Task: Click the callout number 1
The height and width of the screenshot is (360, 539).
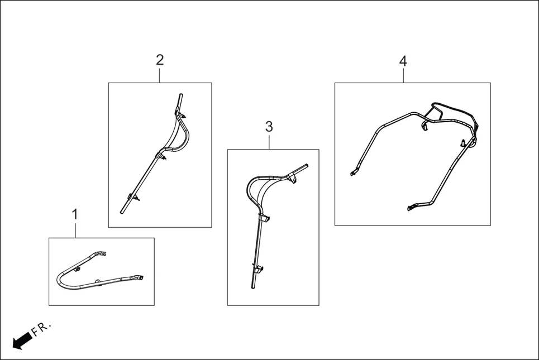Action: (75, 215)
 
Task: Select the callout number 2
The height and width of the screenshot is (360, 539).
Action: (160, 60)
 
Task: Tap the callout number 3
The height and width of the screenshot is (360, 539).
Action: (269, 127)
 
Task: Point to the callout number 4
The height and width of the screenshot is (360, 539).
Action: (403, 61)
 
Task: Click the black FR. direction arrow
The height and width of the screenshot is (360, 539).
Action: (22, 341)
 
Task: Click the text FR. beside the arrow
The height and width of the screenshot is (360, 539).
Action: (41, 328)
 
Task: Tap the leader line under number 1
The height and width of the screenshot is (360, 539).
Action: (75, 230)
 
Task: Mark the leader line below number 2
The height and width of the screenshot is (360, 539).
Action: (160, 75)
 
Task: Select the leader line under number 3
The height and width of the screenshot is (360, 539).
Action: (269, 142)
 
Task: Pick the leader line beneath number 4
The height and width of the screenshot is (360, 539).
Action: (404, 75)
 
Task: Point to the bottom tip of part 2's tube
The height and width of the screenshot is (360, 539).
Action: (122, 212)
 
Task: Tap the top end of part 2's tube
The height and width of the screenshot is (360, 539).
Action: (181, 94)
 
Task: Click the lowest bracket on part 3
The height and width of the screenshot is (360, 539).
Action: (258, 268)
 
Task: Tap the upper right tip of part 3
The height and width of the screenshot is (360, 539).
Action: (307, 165)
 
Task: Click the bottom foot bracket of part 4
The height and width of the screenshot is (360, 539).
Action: (413, 207)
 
